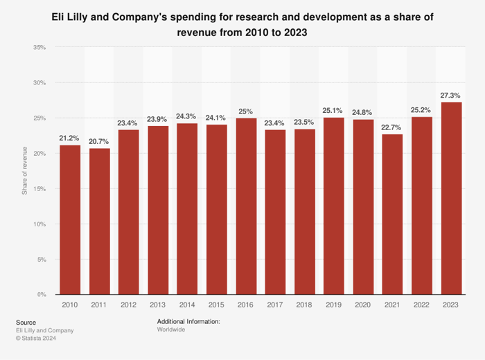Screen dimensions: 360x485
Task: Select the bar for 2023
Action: point(451,199)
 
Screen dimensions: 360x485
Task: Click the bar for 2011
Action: point(99,222)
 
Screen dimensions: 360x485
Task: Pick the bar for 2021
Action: point(393,215)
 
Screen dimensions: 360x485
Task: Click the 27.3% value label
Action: point(451,94)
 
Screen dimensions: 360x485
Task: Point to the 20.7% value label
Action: point(99,141)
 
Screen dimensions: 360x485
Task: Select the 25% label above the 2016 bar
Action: point(246,110)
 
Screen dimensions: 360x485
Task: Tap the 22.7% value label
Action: point(393,127)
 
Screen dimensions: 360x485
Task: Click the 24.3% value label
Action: point(187,116)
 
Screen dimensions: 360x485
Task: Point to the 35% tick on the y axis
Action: point(39,48)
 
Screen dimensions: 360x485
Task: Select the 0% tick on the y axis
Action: point(41,295)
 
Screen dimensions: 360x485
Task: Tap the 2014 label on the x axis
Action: point(187,305)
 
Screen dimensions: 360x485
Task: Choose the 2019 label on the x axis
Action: point(334,305)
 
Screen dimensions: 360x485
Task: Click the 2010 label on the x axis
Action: point(70,305)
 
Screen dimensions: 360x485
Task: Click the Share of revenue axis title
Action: point(25,171)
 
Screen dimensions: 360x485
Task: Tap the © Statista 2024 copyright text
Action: point(35,338)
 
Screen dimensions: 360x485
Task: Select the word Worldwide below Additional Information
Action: point(173,330)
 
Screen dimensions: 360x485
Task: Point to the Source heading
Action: point(26,322)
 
